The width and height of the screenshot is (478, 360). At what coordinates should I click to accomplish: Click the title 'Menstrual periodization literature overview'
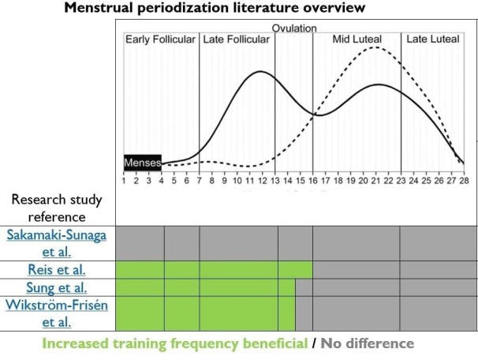215,9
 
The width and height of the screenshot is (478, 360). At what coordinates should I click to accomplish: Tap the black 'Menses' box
142,163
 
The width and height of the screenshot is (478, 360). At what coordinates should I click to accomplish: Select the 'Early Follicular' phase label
161,39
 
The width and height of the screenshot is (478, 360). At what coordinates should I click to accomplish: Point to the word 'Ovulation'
294,28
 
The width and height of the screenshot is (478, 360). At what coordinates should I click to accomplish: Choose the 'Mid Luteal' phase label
356,39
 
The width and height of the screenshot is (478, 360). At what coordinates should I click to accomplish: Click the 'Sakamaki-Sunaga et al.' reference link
58,243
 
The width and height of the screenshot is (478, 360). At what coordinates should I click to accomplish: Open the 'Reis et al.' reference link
58,269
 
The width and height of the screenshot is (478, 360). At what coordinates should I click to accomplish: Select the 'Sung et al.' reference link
58,288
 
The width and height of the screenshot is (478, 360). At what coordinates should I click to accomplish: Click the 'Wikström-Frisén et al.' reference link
58,313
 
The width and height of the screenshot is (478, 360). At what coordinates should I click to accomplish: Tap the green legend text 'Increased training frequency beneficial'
174,343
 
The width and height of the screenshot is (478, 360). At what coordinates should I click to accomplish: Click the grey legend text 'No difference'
366,343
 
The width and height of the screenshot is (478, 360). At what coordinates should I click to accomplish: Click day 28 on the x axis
464,181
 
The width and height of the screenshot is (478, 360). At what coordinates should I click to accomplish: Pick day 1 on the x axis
124,181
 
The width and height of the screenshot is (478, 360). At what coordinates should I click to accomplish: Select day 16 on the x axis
312,181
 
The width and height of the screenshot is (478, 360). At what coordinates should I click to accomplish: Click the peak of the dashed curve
375,47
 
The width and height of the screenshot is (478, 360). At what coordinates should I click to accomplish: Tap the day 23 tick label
401,181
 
